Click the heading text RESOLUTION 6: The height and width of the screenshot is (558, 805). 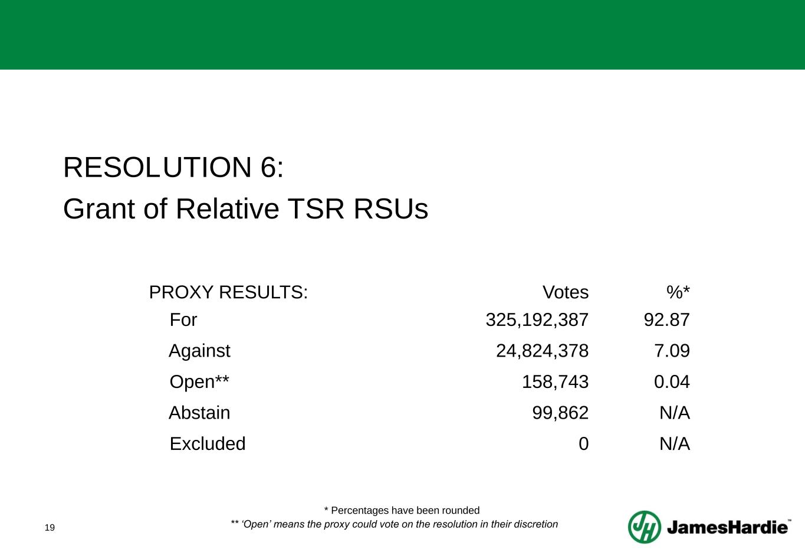coord(173,168)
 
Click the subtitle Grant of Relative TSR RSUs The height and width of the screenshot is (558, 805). coord(245,208)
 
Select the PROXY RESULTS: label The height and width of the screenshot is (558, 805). coord(228,292)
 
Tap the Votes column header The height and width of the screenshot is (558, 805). coord(565,292)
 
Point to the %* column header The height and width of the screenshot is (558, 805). coord(678,292)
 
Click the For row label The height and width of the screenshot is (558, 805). coord(183,320)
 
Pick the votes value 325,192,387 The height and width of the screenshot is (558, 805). coord(537,320)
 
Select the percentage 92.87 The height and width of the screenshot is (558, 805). coord(666,320)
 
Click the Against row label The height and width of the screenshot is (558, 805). coord(199,351)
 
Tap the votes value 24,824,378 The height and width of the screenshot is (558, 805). coord(542,351)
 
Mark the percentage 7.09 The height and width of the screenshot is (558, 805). coord(672,351)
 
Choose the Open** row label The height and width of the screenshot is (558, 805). coord(199,382)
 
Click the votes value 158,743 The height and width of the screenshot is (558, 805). coord(555,382)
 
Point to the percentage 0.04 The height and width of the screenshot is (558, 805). coord(672,382)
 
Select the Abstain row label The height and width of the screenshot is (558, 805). coord(199,413)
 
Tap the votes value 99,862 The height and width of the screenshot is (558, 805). coord(560,413)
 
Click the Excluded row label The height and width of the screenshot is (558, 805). coord(208,443)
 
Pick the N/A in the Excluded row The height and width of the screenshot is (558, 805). coord(674,443)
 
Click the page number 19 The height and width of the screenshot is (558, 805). coord(50,527)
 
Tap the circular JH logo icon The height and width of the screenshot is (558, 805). coord(644,527)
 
